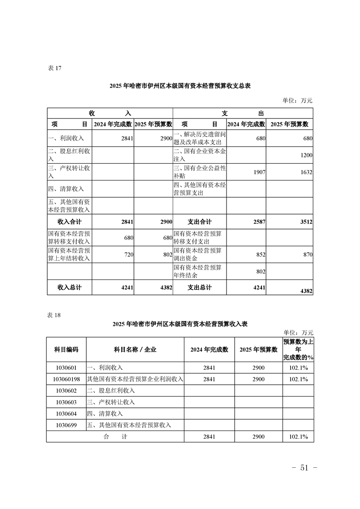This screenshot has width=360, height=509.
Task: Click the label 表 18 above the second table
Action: point(54,314)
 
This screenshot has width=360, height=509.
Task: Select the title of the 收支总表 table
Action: point(180,86)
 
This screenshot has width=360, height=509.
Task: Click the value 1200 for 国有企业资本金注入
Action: point(306,156)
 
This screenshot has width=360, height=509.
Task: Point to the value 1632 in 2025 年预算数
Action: point(306,172)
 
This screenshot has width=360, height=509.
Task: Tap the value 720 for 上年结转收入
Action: point(127,255)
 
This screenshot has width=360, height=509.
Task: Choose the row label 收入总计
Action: point(69,288)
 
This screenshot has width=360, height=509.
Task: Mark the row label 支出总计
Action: point(200,288)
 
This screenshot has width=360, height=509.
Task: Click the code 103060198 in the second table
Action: point(66,379)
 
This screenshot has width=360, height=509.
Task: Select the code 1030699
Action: point(66,425)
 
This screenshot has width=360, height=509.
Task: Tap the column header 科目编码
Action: point(66,350)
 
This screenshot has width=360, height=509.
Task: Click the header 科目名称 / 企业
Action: point(135,350)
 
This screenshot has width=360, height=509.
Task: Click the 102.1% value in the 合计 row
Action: point(298,437)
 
